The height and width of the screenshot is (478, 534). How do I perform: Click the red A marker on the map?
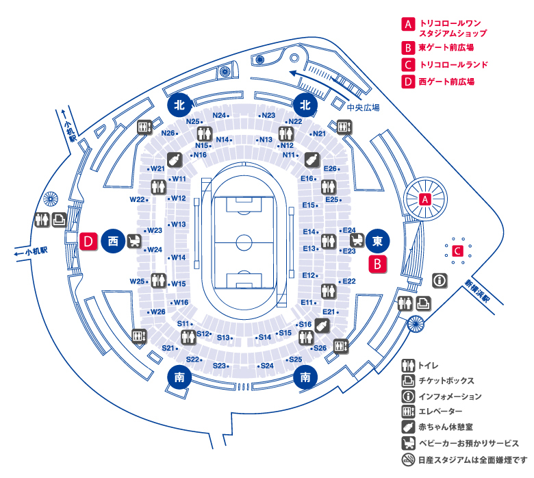425,199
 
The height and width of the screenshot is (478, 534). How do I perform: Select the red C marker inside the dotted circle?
456,251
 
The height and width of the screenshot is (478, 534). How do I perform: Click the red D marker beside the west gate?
88,241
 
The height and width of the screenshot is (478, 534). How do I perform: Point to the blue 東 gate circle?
377,240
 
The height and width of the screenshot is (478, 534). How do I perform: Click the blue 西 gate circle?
113,241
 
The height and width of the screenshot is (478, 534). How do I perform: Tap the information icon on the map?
440,281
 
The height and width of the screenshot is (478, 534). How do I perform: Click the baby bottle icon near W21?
174,159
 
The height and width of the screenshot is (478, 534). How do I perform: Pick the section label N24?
219,115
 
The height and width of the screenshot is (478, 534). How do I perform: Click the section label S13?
223,338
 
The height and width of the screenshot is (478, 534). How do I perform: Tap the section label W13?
179,224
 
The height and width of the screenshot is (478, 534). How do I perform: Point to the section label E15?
309,205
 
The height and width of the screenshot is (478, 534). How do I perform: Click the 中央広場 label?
362,108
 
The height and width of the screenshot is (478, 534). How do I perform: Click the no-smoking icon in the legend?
409,460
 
